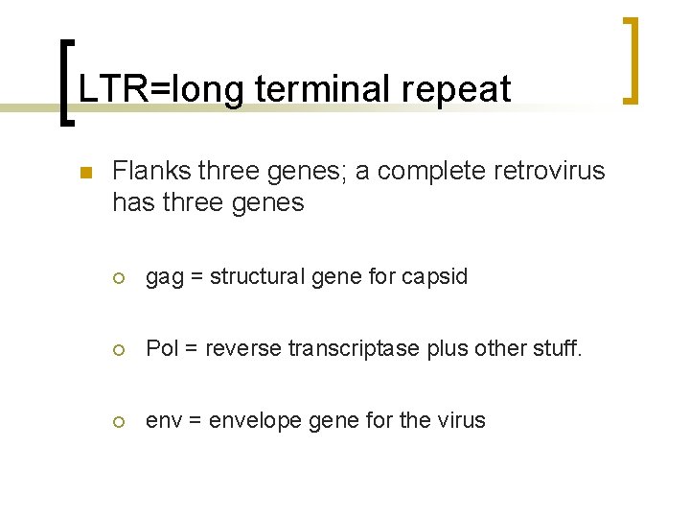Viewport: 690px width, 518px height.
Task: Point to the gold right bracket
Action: [x=632, y=59]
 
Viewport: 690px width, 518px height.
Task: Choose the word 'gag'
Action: [x=163, y=278]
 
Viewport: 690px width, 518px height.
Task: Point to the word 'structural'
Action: [x=254, y=277]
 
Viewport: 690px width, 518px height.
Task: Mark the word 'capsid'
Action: [x=435, y=277]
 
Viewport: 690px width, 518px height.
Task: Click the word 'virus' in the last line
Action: [x=462, y=420]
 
